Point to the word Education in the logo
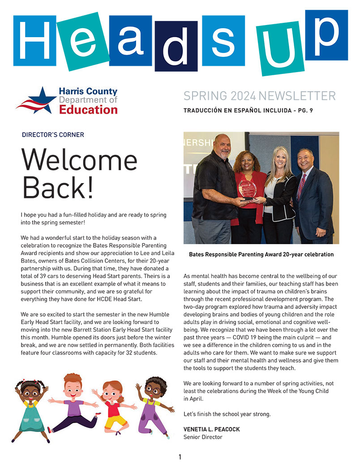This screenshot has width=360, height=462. click(x=88, y=109)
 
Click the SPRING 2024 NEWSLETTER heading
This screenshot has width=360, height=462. click(x=259, y=96)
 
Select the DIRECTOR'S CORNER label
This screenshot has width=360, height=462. click(x=53, y=135)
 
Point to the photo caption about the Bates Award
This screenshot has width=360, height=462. click(x=261, y=254)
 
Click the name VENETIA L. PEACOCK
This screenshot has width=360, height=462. click(x=211, y=429)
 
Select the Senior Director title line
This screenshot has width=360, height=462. click(x=203, y=437)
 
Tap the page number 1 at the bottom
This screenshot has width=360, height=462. click(x=180, y=457)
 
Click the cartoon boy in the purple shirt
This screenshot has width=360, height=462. click(x=74, y=403)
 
